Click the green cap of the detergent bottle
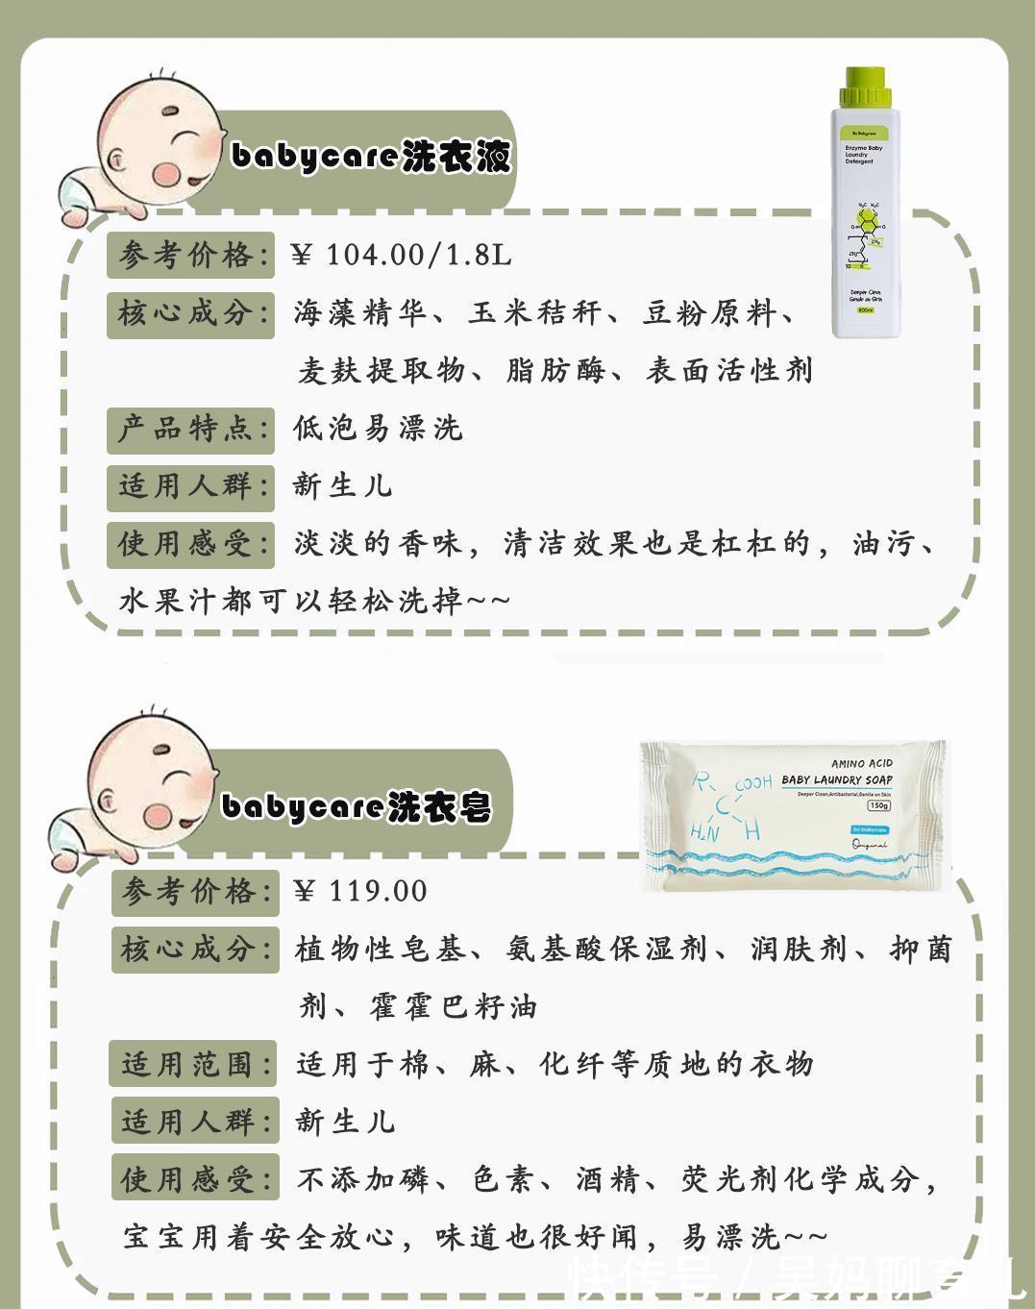coord(865,86)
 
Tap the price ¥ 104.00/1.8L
coord(401,255)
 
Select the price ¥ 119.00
coord(360,891)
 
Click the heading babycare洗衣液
coord(370,156)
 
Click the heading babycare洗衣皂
coord(356,806)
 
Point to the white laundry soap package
coord(796,817)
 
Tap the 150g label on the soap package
coord(878,805)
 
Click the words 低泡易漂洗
coord(378,428)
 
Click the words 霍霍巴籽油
coord(453,1006)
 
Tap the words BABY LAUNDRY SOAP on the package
coord(837,779)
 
